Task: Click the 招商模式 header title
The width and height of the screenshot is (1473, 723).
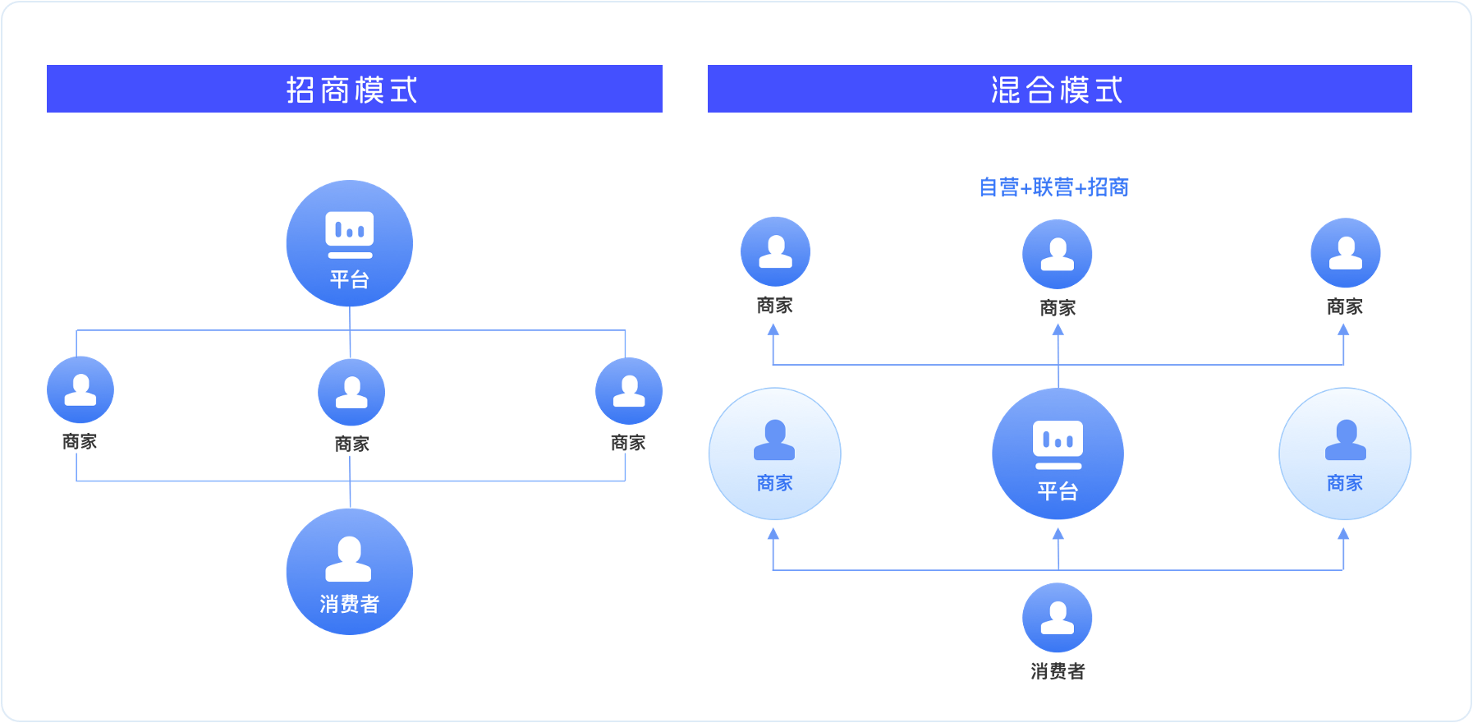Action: point(352,90)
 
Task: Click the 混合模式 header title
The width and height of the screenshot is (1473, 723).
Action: point(1057,90)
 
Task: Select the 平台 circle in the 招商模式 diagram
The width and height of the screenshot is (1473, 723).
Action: point(350,243)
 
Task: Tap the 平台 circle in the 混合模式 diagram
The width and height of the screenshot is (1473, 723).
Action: point(1058,454)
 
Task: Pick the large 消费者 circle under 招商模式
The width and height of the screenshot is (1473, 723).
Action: point(350,572)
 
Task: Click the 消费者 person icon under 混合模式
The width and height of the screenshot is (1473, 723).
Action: point(1058,618)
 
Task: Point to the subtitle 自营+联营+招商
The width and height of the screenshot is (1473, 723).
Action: point(1053,187)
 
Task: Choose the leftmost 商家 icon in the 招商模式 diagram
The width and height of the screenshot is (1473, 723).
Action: point(80,389)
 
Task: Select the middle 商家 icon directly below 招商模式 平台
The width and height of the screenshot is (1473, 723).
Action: point(351,392)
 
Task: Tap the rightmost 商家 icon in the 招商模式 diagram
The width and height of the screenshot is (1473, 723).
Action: point(629,391)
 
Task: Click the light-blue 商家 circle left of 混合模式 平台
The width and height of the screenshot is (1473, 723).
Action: point(774,454)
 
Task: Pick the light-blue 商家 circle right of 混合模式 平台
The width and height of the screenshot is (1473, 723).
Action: point(1345,454)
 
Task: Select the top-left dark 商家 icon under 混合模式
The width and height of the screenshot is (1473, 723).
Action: point(775,251)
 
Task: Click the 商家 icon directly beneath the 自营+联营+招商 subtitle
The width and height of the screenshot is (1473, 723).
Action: point(1058,254)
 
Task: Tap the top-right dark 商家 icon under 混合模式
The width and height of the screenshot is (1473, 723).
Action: point(1345,252)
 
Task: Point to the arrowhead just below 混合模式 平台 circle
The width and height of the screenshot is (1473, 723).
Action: point(1058,534)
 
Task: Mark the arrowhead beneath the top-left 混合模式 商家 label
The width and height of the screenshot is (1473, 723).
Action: point(773,329)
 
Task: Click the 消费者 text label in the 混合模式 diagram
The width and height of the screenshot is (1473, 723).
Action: point(1058,671)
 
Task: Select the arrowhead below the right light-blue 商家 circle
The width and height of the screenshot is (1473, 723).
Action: point(1343,534)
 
